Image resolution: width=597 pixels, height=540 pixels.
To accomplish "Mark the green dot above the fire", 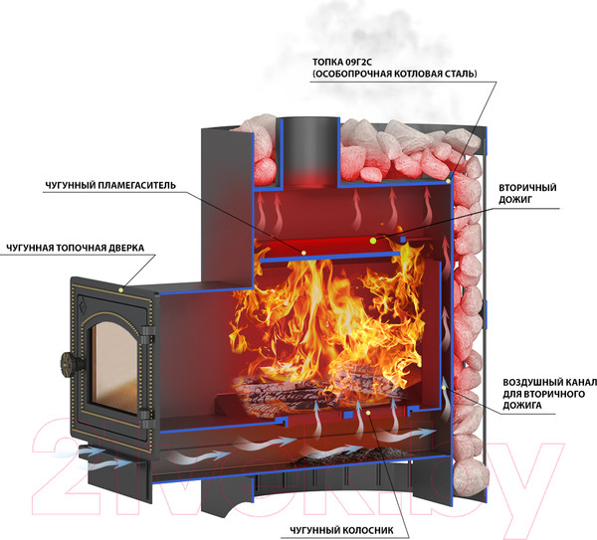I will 372,241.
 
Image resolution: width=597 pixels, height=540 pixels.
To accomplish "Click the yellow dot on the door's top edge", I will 122,288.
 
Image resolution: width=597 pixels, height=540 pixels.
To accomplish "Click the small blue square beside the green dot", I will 402,240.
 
